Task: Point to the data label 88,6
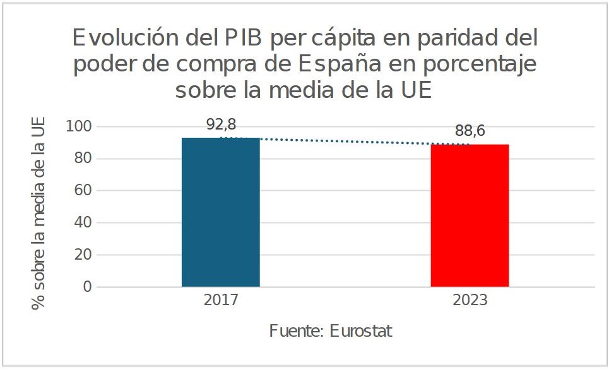pos(470,131)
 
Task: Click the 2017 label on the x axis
pos(220,299)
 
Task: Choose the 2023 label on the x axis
pos(470,299)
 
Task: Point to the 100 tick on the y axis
pos(79,126)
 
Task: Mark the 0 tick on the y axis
pos(87,287)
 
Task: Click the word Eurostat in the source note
pos(360,331)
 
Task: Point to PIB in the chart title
pos(244,39)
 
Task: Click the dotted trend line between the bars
pos(345,141)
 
